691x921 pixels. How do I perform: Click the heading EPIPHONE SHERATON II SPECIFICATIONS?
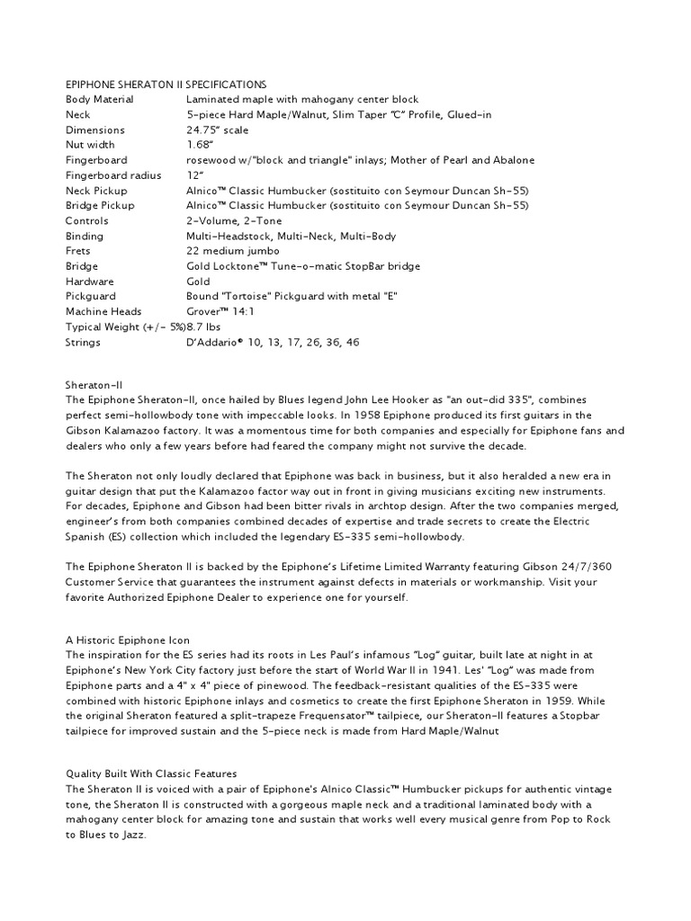pos(165,84)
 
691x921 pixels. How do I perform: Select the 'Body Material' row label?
pos(99,99)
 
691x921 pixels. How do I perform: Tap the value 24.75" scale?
pos(217,130)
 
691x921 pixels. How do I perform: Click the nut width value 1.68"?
pos(199,145)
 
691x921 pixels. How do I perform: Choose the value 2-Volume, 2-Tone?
pos(234,220)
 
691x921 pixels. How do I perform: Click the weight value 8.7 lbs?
pos(207,327)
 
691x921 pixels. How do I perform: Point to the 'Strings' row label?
pos(83,343)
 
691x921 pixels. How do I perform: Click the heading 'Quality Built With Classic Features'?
pos(150,773)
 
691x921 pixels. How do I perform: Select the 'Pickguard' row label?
pos(90,297)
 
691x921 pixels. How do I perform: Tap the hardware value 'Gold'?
pos(199,282)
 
